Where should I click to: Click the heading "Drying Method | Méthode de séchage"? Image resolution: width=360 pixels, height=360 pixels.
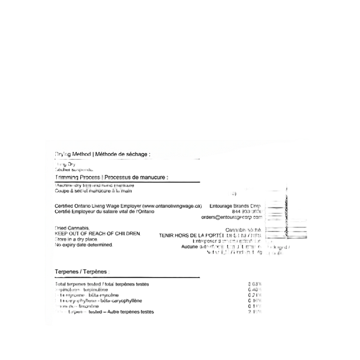[102, 155]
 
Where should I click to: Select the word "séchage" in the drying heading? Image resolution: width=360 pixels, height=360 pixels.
[136, 155]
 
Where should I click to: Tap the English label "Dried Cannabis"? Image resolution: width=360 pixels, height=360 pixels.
[72, 229]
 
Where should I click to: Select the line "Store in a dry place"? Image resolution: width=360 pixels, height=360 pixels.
[78, 239]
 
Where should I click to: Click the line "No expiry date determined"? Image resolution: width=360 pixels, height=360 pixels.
[85, 245]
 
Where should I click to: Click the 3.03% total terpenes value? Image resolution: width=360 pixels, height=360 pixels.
[255, 283]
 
